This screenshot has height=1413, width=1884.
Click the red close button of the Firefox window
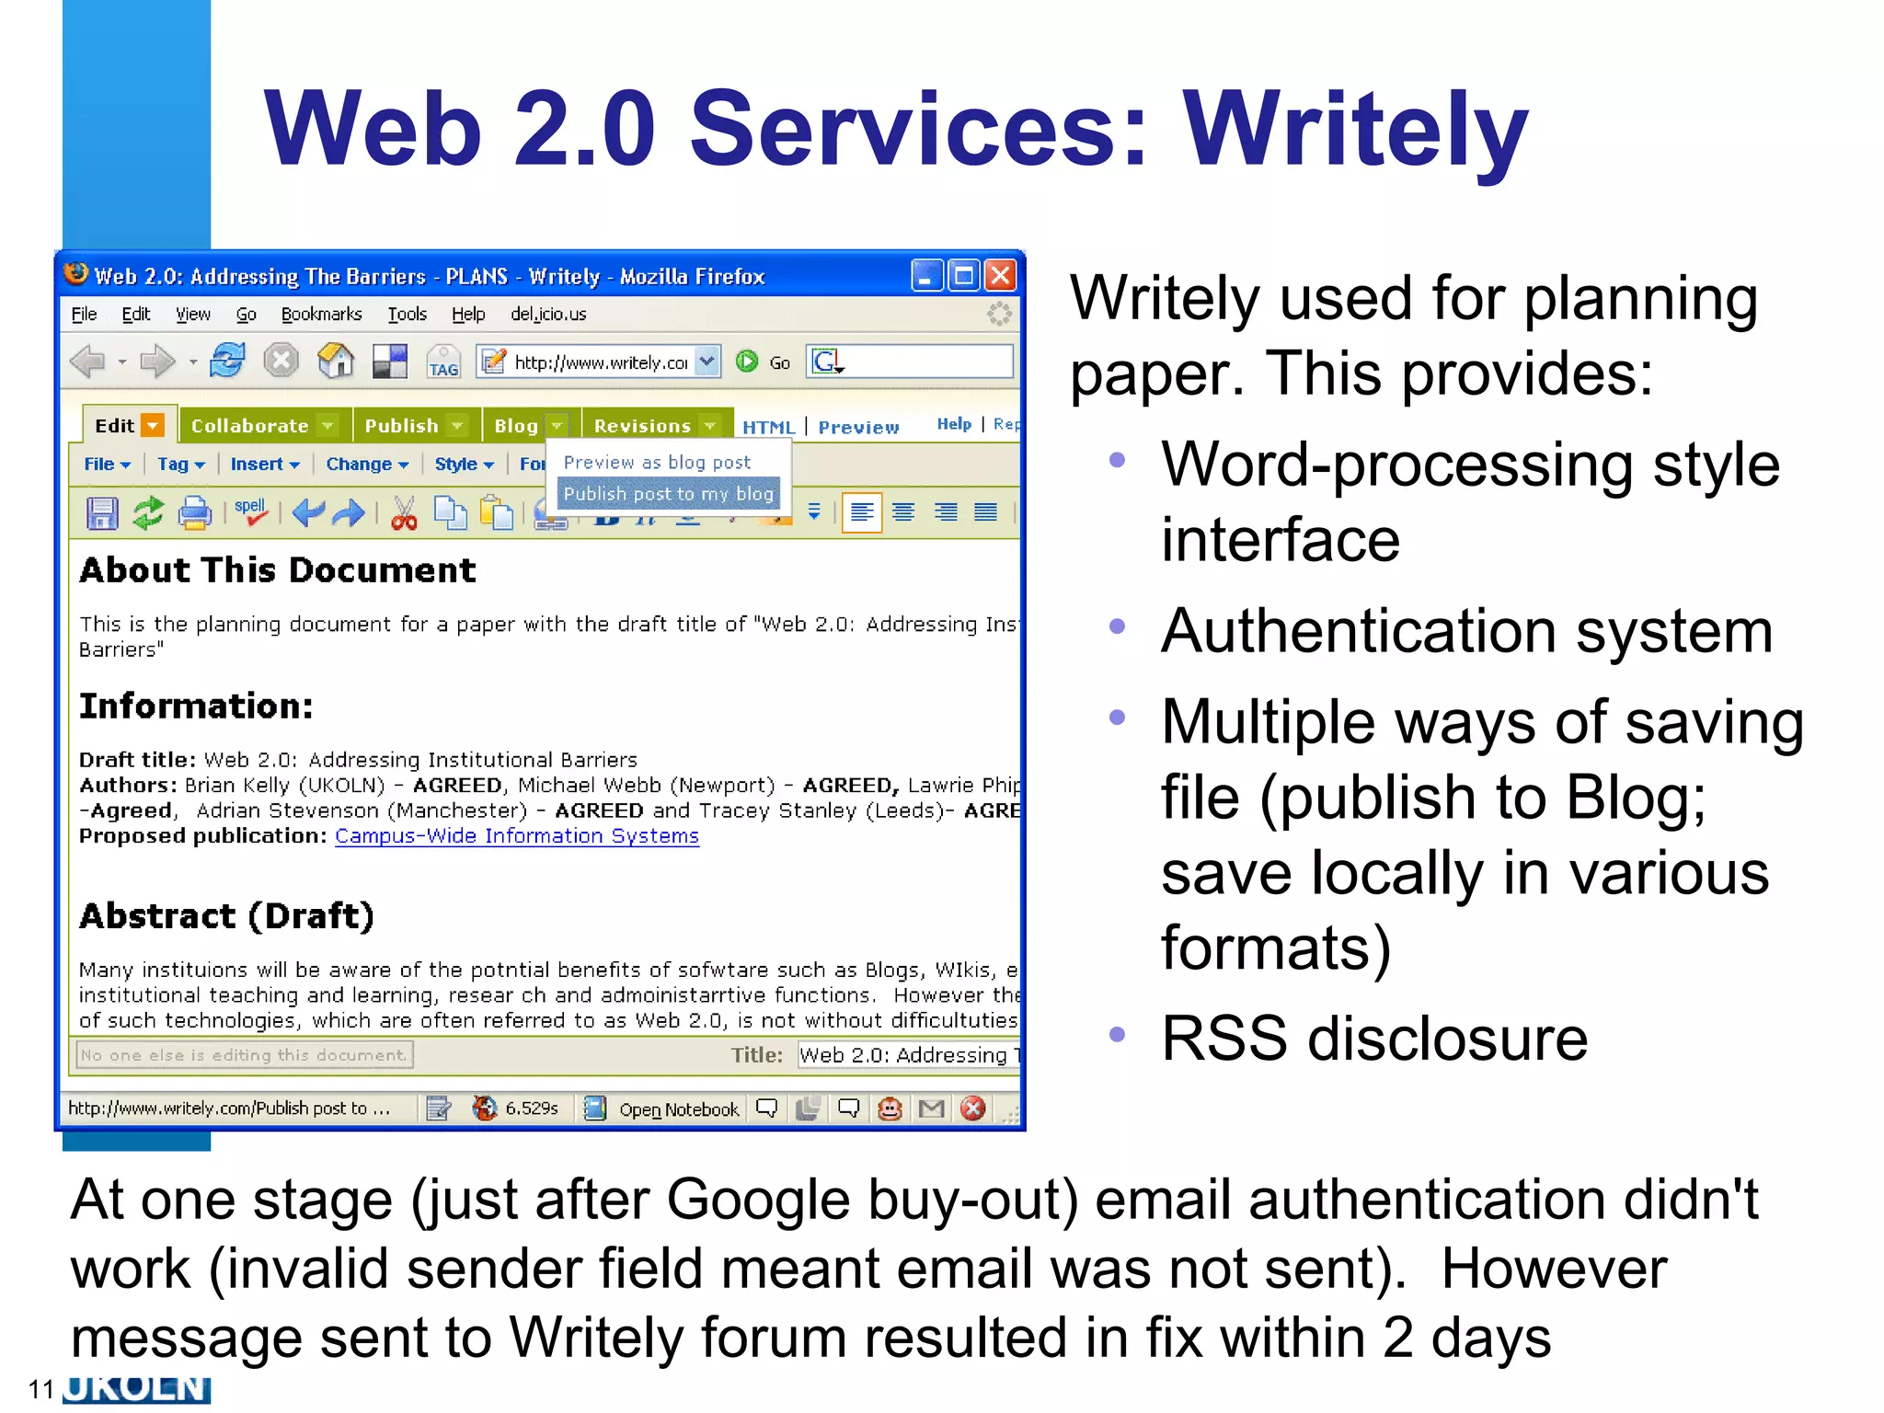tap(1000, 275)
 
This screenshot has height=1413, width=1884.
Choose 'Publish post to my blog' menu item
tap(668, 494)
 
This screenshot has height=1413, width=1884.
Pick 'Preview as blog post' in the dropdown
tap(657, 462)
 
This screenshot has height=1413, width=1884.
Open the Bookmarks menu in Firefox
tap(321, 315)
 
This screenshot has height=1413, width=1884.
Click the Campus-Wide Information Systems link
tap(517, 836)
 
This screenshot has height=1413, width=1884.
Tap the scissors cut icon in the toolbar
tap(404, 512)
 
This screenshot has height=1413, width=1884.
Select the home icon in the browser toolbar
tap(336, 362)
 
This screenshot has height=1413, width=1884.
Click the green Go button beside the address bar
tap(748, 362)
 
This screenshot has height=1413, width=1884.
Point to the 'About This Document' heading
tap(278, 570)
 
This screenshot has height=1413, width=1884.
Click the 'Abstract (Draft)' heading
tap(226, 916)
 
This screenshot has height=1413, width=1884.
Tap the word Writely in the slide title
tap(1355, 130)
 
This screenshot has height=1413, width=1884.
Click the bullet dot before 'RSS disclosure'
tap(1117, 1034)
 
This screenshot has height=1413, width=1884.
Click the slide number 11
tap(41, 1389)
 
